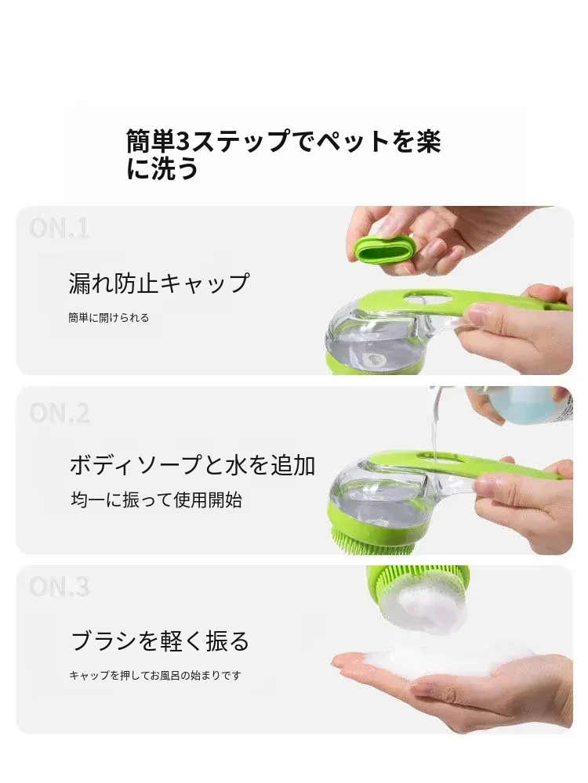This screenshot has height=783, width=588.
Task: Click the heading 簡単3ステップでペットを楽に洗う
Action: [x=283, y=154]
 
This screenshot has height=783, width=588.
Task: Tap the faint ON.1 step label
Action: [x=59, y=229]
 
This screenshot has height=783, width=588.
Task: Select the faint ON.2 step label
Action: [x=60, y=413]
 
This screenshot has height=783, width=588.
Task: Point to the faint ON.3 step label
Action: [x=60, y=586]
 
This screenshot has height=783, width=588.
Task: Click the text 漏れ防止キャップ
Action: [x=159, y=283]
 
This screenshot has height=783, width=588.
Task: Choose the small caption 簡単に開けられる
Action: [x=108, y=318]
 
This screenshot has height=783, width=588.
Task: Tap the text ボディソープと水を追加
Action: [x=193, y=465]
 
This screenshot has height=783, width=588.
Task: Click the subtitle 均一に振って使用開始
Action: [x=157, y=500]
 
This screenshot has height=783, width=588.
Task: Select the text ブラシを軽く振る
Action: [x=160, y=640]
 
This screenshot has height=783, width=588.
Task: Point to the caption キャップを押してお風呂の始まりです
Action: [x=155, y=675]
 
